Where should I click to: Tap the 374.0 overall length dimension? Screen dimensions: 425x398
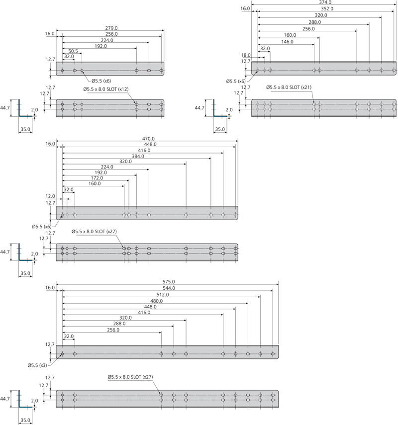coord(325,2)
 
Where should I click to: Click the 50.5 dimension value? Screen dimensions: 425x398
coord(73,51)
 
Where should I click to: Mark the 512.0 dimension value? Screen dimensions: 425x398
coord(162,294)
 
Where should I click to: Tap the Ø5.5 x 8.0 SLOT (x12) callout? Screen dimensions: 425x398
coord(106,89)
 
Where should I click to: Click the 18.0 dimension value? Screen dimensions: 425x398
coord(246,55)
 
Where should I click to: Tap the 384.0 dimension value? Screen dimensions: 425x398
coord(136,156)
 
